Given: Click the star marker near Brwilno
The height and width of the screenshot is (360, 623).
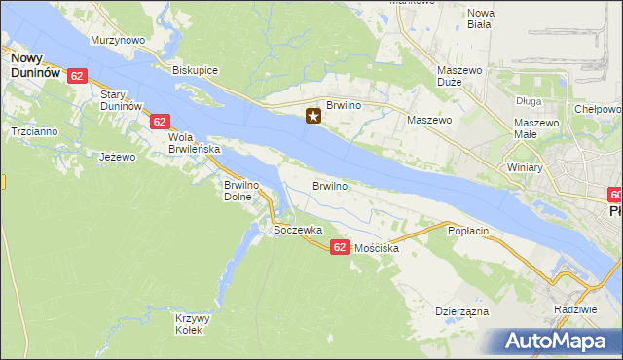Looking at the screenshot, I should coord(313,117).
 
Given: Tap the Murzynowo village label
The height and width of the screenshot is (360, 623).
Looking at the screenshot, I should coord(118,40).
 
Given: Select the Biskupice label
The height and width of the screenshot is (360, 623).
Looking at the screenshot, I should coord(195,70).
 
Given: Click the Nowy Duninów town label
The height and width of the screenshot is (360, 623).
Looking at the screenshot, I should coord(34,64).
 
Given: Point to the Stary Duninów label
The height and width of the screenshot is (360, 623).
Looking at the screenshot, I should coord(122,99).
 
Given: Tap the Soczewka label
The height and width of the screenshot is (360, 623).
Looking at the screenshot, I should coord(298,230).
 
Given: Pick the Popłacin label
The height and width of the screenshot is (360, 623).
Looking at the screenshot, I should coord(467,231).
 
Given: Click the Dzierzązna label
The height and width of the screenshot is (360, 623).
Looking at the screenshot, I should coord(461,312).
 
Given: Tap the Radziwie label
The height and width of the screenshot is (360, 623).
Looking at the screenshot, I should coord(574,308).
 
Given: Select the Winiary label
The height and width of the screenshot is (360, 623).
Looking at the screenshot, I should coord(525,167).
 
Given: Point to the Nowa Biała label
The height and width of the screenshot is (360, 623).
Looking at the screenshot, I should coord(481,18).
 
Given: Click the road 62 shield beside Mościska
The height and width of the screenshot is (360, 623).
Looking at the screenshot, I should coord(339,247).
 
